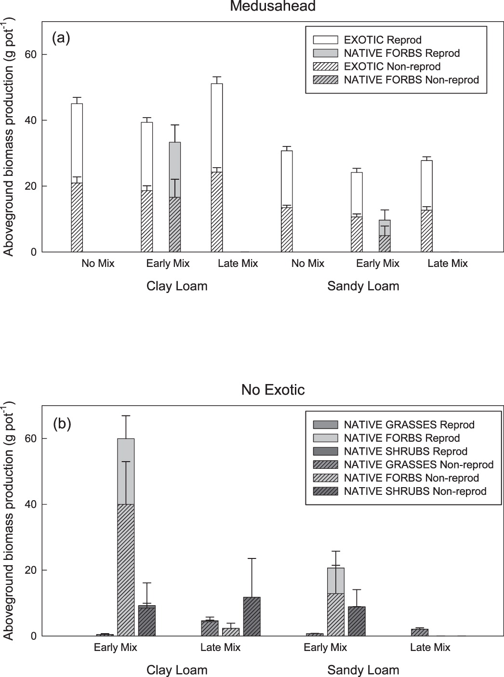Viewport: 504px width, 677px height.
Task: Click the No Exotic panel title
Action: click(273, 389)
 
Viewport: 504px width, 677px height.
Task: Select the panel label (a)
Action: click(61, 38)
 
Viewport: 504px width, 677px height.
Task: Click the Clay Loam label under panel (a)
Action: click(177, 286)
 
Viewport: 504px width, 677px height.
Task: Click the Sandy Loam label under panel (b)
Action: click(363, 670)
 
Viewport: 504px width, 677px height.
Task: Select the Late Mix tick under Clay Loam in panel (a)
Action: click(238, 264)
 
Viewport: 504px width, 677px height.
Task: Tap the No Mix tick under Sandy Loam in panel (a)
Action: click(308, 264)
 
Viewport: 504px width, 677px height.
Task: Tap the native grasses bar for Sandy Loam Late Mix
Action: click(420, 632)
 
